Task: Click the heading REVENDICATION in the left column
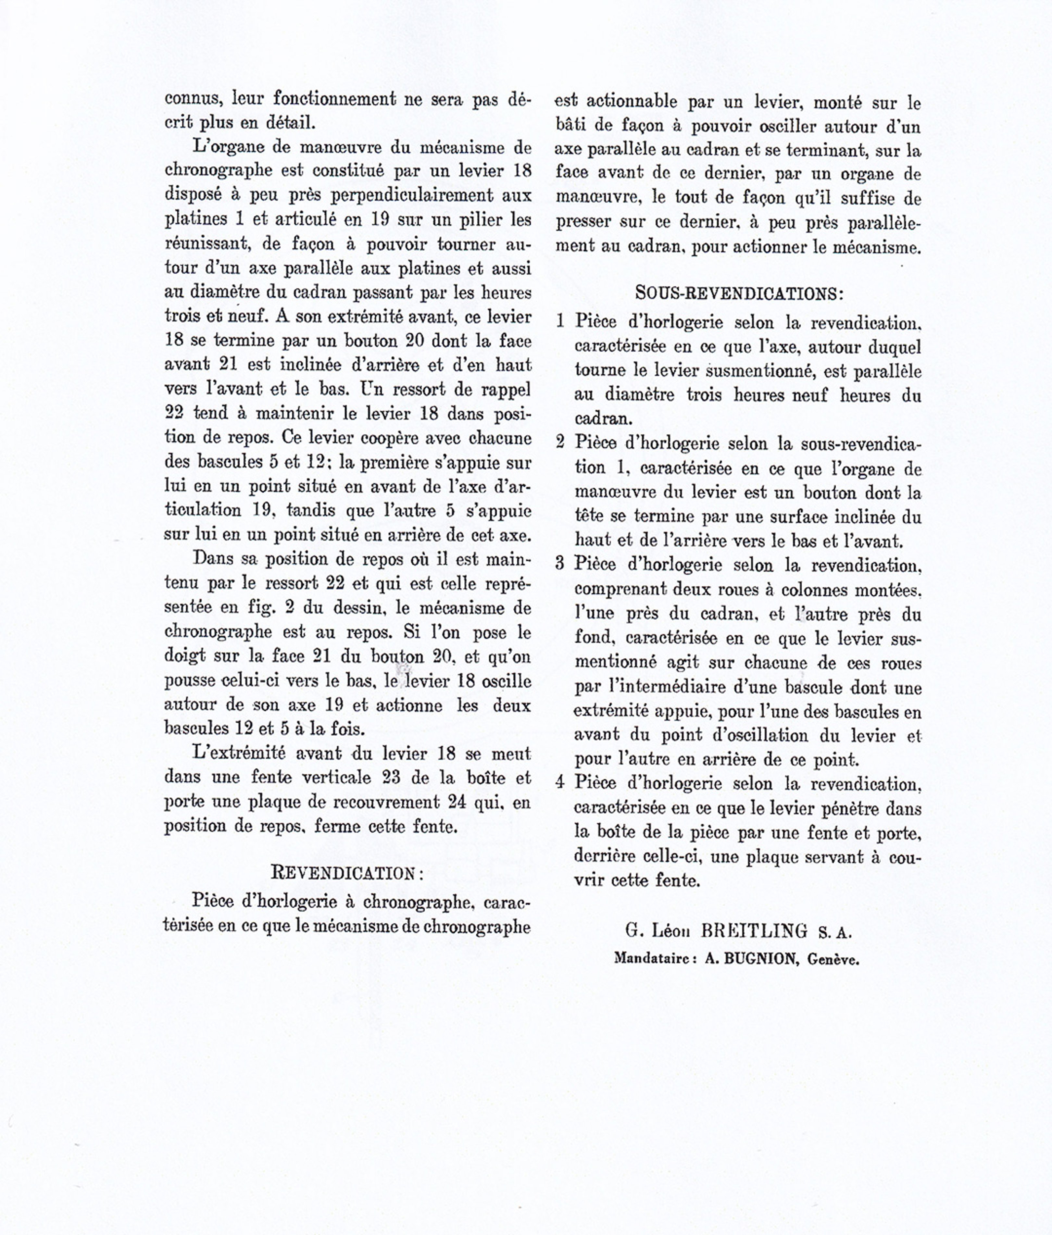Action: (347, 873)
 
